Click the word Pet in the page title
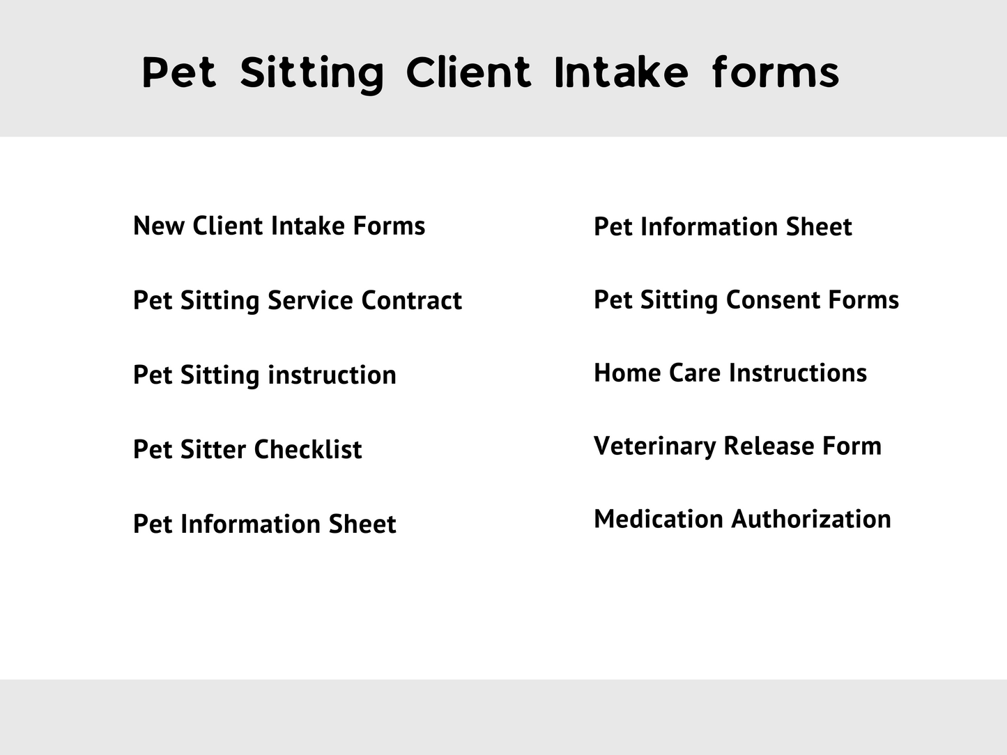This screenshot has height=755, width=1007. click(x=178, y=72)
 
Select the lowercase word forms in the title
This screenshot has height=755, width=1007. click(x=776, y=72)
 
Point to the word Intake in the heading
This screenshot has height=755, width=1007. click(x=621, y=72)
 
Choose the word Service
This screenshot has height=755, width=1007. click(x=310, y=300)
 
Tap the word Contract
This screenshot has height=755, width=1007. click(x=412, y=300)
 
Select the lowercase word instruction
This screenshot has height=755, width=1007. click(x=332, y=375)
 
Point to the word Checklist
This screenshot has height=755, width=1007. click(x=308, y=449)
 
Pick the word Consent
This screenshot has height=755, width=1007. click(x=773, y=299)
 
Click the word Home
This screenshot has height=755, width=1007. click(x=627, y=372)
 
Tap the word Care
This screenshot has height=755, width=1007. click(x=695, y=372)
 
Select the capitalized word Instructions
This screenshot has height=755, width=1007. click(x=798, y=372)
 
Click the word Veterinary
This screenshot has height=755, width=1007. click(x=654, y=446)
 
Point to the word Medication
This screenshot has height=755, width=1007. click(x=659, y=519)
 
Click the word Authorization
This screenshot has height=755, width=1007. click(x=811, y=519)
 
